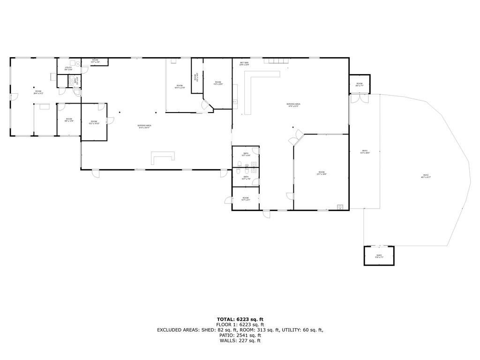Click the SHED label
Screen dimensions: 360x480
point(379,256)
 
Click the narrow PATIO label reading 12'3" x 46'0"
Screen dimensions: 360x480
point(364,151)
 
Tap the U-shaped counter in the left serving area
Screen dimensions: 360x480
point(163,157)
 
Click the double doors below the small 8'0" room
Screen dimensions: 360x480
point(359,99)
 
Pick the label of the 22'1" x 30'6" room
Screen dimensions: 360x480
point(322,173)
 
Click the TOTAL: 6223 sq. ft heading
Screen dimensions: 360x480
point(240,319)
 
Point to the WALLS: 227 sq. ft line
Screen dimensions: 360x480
point(240,341)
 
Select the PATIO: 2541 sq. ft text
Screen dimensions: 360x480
point(240,335)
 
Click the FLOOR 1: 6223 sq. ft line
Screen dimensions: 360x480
point(240,324)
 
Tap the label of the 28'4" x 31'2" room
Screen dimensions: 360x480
point(38,92)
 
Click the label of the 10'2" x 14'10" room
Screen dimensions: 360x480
point(94,122)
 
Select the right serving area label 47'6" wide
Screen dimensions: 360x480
point(293,105)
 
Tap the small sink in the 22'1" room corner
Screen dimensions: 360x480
point(340,207)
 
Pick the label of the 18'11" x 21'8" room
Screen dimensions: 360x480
point(180,87)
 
